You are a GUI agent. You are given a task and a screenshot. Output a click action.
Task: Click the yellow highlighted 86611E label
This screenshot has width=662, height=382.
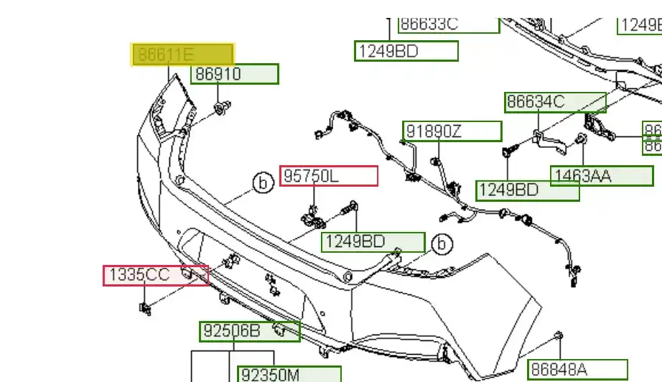182,55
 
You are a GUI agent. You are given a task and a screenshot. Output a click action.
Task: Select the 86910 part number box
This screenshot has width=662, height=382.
234,74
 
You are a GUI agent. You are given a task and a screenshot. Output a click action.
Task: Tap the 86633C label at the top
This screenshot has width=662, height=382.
448,24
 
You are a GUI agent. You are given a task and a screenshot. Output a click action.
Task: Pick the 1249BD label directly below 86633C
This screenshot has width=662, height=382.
406,51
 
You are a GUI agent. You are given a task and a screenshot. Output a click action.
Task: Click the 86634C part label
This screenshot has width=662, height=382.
555,102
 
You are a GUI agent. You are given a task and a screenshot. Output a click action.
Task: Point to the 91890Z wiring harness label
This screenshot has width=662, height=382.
452,131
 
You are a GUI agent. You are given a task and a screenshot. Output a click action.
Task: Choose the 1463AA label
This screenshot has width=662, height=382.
602,176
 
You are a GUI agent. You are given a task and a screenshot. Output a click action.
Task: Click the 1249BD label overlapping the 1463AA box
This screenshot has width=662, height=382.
528,190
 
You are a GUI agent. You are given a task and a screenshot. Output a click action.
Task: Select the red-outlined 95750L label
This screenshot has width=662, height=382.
328,176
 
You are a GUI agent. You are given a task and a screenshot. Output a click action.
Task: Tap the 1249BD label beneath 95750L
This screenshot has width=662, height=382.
373,242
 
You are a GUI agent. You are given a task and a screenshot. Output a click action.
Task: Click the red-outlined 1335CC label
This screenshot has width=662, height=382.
156,275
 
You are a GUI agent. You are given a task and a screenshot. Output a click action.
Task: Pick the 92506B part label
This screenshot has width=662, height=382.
249,331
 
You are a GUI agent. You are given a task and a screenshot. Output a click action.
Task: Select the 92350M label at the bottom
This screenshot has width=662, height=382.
289,374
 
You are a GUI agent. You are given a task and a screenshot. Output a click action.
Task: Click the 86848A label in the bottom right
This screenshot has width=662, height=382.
578,369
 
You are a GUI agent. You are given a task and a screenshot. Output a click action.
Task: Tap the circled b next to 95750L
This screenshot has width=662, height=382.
264,184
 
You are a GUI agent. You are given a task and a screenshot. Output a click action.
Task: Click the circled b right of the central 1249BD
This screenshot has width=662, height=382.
442,244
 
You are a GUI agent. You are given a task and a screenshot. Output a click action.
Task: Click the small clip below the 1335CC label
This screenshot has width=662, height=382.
144,309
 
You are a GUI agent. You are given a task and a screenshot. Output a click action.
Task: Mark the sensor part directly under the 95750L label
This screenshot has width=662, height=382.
313,215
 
